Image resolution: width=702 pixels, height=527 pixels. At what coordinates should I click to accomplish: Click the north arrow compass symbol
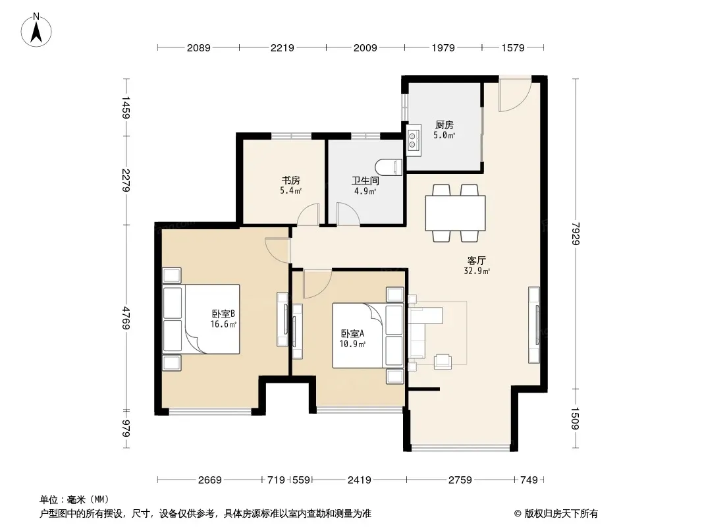click(x=36, y=30)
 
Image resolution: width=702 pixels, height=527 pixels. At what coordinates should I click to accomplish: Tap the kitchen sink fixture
click(x=413, y=139)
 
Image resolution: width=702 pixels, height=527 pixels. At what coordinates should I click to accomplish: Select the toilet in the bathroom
click(x=389, y=167)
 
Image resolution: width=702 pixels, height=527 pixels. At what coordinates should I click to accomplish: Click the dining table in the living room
click(x=455, y=213)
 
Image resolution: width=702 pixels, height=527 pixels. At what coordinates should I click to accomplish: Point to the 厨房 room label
click(x=444, y=125)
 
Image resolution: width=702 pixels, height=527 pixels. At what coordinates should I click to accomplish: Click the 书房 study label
click(x=290, y=180)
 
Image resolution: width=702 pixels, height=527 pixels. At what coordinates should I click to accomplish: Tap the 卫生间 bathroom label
click(x=365, y=181)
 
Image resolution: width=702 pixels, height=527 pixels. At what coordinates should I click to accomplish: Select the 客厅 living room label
click(x=476, y=260)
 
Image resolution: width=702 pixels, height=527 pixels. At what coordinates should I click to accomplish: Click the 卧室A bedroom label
click(x=352, y=333)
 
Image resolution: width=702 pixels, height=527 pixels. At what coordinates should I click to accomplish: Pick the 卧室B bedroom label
click(x=223, y=314)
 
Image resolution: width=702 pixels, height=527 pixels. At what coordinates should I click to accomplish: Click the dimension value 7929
click(x=576, y=234)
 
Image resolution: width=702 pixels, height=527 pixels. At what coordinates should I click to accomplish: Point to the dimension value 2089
click(x=198, y=47)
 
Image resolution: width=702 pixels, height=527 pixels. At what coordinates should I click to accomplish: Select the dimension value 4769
click(x=126, y=318)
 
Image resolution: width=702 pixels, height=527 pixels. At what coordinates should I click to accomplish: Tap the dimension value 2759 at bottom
click(x=460, y=480)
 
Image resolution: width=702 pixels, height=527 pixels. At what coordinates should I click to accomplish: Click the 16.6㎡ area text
click(x=223, y=324)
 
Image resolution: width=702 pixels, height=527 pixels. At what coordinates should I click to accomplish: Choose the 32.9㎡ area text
click(x=477, y=271)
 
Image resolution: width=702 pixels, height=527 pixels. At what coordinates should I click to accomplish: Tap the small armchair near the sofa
click(x=443, y=362)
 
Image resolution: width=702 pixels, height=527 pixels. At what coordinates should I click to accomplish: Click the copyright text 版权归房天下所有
click(x=561, y=514)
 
